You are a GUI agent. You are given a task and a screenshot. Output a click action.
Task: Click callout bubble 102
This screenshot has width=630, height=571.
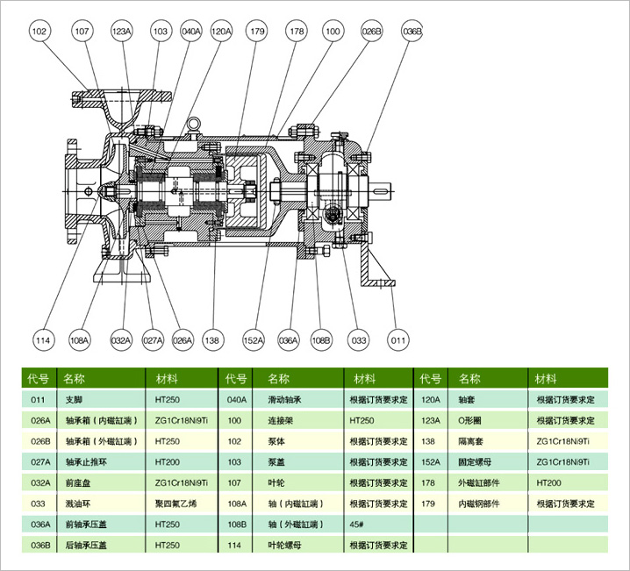pyautogui.click(x=39, y=32)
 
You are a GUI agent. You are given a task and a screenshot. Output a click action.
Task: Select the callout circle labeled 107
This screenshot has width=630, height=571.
pyautogui.click(x=81, y=32)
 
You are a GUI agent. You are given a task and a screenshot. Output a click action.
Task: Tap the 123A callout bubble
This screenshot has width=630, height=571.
pyautogui.click(x=121, y=32)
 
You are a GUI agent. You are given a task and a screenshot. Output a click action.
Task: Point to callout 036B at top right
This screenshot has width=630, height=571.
pyautogui.click(x=412, y=32)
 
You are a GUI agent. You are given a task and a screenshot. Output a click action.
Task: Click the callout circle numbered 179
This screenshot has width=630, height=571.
pyautogui.click(x=256, y=32)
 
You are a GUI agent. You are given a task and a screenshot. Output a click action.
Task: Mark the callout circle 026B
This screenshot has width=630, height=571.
pyautogui.click(x=373, y=32)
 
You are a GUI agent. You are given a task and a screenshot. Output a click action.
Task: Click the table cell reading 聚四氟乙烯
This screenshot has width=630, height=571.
pyautogui.click(x=176, y=503)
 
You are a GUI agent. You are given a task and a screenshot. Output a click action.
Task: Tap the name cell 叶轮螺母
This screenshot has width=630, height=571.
pyautogui.click(x=287, y=545)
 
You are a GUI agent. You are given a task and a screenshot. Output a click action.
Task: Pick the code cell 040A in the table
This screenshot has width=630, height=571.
pyautogui.click(x=237, y=400)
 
